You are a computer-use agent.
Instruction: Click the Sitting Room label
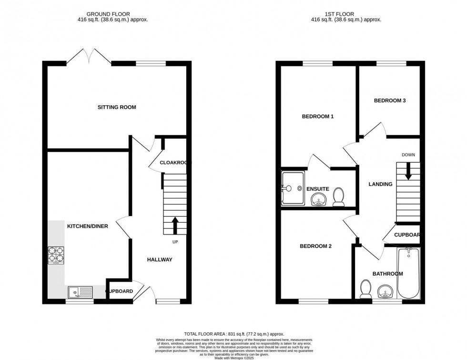point(117,107)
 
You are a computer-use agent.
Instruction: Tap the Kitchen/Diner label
point(87,226)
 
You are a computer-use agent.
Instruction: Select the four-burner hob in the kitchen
point(55,255)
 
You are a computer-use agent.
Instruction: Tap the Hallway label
point(160,259)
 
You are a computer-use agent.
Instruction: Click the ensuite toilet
point(339,197)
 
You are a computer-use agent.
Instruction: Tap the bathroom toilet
point(366,289)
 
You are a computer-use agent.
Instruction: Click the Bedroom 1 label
point(318,116)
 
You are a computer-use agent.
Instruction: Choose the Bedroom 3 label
point(389,101)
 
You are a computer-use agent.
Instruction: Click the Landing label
point(381,184)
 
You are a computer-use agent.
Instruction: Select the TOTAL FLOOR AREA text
point(233,334)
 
